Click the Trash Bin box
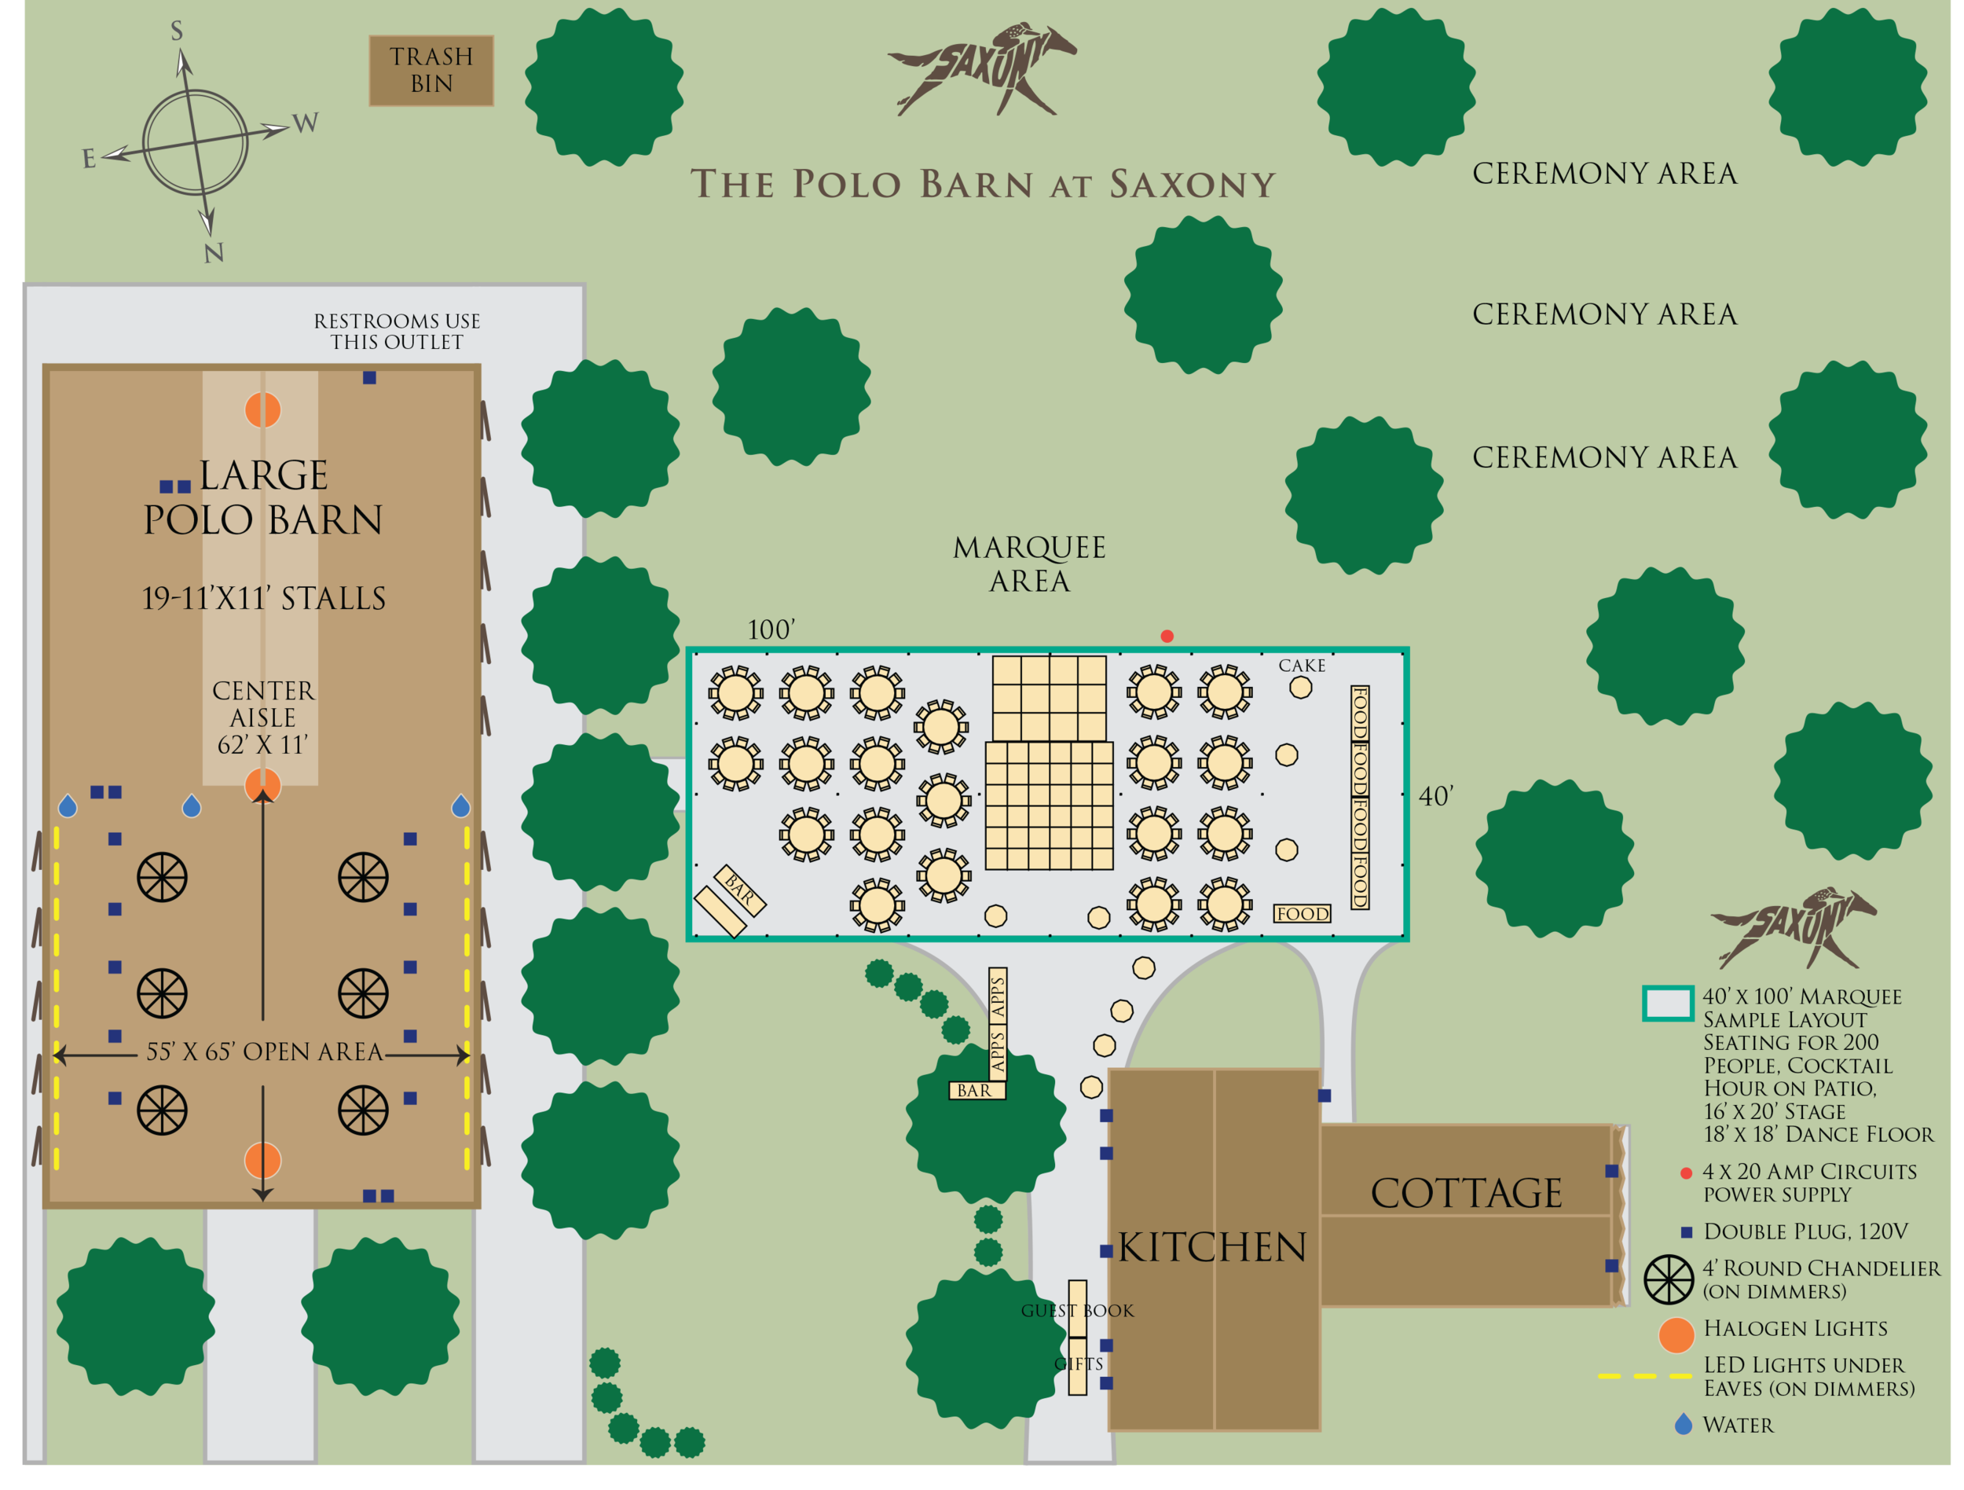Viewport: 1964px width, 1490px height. (431, 70)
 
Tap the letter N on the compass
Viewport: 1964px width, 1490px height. (213, 253)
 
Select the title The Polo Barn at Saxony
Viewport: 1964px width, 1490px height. (983, 185)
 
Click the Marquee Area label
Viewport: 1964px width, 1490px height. (1029, 563)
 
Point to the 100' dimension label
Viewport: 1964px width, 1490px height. (770, 629)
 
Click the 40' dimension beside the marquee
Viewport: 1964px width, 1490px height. (1435, 797)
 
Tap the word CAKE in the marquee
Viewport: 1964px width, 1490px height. (1302, 665)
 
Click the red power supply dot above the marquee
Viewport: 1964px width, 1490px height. (1167, 636)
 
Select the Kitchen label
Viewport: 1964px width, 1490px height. (1212, 1246)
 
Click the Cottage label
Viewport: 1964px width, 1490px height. (1466, 1192)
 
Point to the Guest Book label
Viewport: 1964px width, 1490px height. (1077, 1311)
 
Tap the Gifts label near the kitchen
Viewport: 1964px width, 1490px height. (1078, 1364)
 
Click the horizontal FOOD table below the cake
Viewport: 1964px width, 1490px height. (1303, 914)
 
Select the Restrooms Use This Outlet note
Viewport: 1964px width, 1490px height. (397, 331)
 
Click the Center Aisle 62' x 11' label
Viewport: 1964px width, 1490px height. (263, 717)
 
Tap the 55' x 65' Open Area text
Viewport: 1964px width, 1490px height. (264, 1052)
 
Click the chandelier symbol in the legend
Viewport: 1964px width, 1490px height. (1669, 1279)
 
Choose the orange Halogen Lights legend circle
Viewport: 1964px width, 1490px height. (1676, 1335)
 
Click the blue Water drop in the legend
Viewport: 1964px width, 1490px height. (1683, 1424)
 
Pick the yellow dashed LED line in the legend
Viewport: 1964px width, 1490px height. (1644, 1376)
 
